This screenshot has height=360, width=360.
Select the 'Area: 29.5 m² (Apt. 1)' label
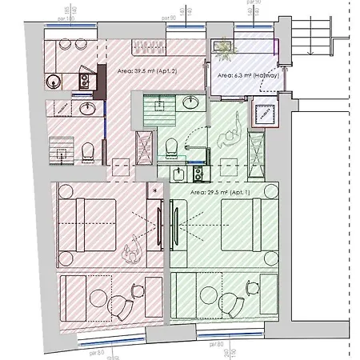(x=225, y=193)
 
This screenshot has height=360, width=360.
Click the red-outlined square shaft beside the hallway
(x=262, y=114)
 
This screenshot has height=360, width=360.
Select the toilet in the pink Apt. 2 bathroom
(x=90, y=150)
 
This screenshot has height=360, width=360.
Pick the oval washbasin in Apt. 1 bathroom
(x=190, y=102)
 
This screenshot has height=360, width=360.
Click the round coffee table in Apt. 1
(x=234, y=303)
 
